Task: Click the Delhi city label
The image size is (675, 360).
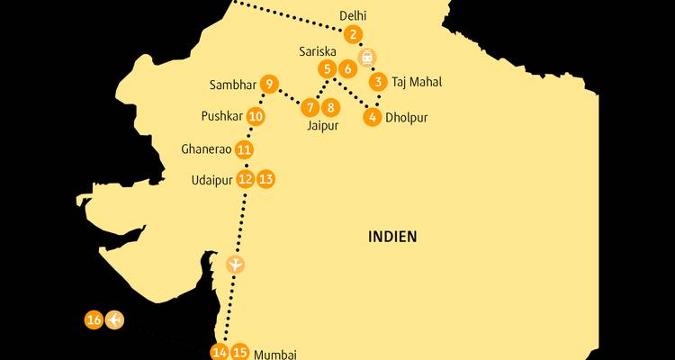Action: pyautogui.click(x=353, y=16)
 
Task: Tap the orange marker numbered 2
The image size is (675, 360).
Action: pyautogui.click(x=354, y=35)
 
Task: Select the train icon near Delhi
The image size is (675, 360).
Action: pyautogui.click(x=367, y=57)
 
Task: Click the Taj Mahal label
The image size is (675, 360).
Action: pyautogui.click(x=417, y=82)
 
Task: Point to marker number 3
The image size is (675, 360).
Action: pyautogui.click(x=379, y=81)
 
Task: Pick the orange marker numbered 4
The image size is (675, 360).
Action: pyautogui.click(x=372, y=116)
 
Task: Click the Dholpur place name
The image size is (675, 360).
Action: pyautogui.click(x=406, y=117)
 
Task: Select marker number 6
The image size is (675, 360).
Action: pyautogui.click(x=348, y=68)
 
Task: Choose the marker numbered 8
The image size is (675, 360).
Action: pyautogui.click(x=331, y=108)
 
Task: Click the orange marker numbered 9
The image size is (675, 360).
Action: pyautogui.click(x=269, y=85)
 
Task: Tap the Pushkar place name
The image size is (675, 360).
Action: pyautogui.click(x=221, y=116)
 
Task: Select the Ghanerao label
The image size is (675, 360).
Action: pyautogui.click(x=205, y=149)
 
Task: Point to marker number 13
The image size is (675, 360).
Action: pyautogui.click(x=265, y=179)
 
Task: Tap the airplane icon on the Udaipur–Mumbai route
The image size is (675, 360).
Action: pyautogui.click(x=235, y=265)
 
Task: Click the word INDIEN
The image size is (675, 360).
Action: pyautogui.click(x=392, y=237)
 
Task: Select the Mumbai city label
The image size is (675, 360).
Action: pyautogui.click(x=275, y=354)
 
